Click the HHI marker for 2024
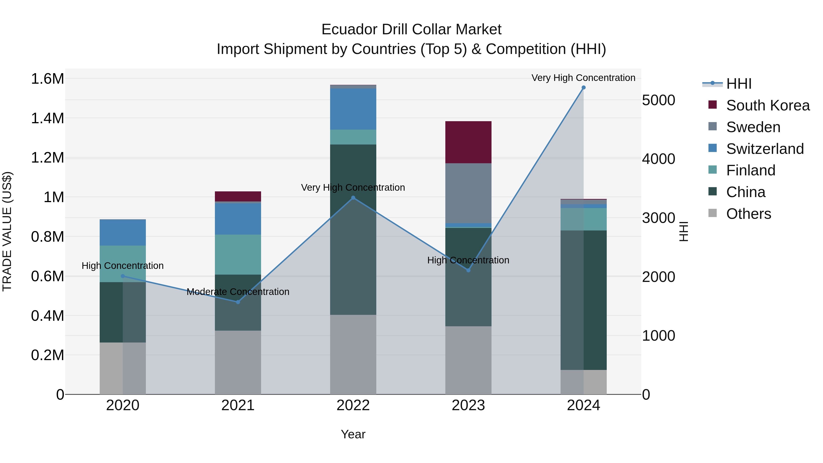point(583,88)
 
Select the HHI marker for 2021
point(238,302)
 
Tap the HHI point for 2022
point(353,198)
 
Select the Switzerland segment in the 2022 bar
point(353,109)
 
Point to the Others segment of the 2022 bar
point(353,354)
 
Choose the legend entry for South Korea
point(768,105)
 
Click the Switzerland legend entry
point(764,149)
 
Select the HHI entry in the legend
point(738,84)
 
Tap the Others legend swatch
point(712,213)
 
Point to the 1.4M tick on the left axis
point(47,118)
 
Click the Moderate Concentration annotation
point(238,292)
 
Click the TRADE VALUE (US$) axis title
point(7,231)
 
